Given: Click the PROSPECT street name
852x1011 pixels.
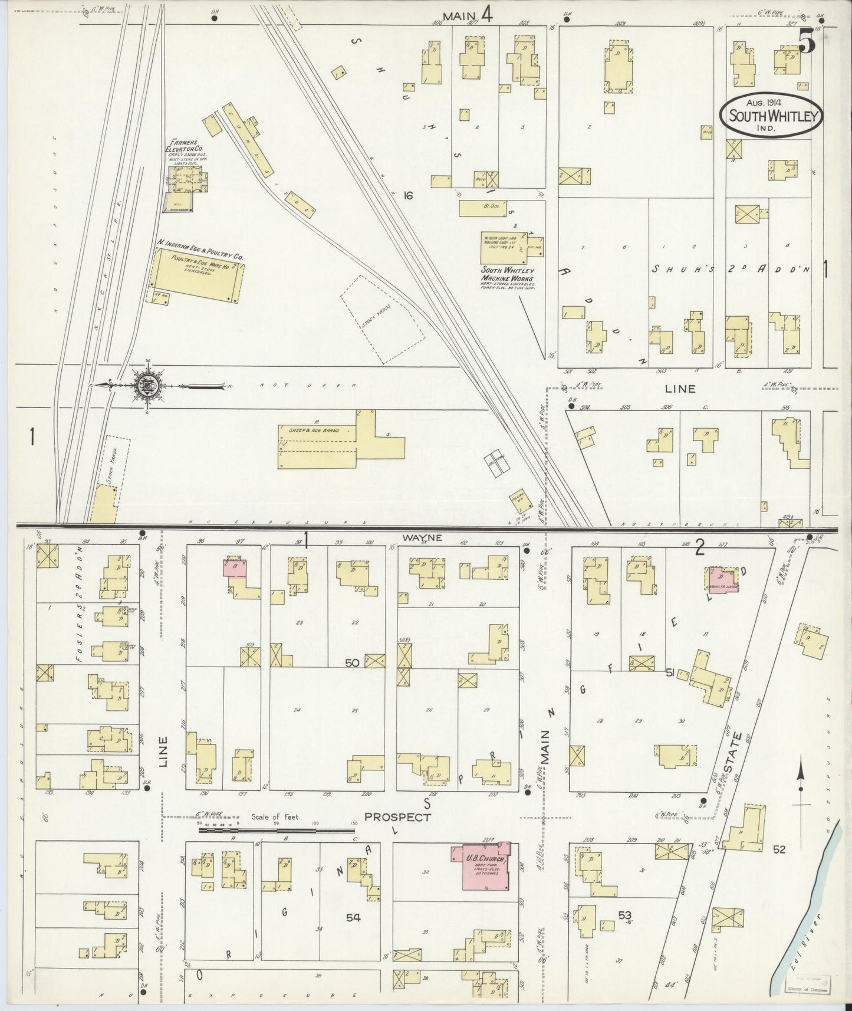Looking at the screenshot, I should (397, 817).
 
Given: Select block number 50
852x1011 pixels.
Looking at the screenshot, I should (351, 663).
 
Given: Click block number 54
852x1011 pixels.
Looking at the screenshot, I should (353, 917).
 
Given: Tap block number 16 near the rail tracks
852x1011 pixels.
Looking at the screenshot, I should (408, 195).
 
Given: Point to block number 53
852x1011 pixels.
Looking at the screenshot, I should (624, 915).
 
